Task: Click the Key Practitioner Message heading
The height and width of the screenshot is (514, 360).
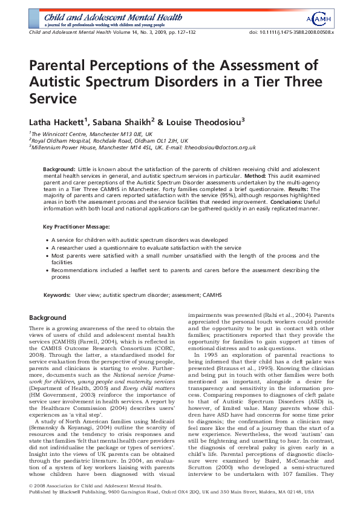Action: (76, 226)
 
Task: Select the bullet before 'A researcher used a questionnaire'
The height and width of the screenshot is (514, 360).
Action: (47, 247)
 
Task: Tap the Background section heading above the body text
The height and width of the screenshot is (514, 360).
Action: (48, 317)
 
